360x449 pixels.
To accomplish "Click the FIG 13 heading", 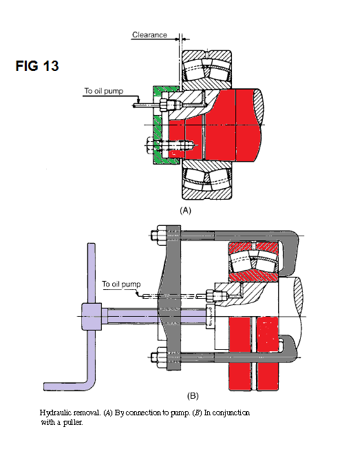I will (36, 66).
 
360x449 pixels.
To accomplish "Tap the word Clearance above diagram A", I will (149, 35).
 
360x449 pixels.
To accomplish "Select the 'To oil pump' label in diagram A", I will (104, 90).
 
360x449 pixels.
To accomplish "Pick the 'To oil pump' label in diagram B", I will (120, 284).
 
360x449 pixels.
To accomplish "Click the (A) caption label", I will (184, 210).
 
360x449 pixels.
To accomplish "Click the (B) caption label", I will (193, 396).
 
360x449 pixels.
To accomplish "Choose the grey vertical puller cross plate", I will (171, 296).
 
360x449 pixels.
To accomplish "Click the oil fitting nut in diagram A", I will (165, 105).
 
